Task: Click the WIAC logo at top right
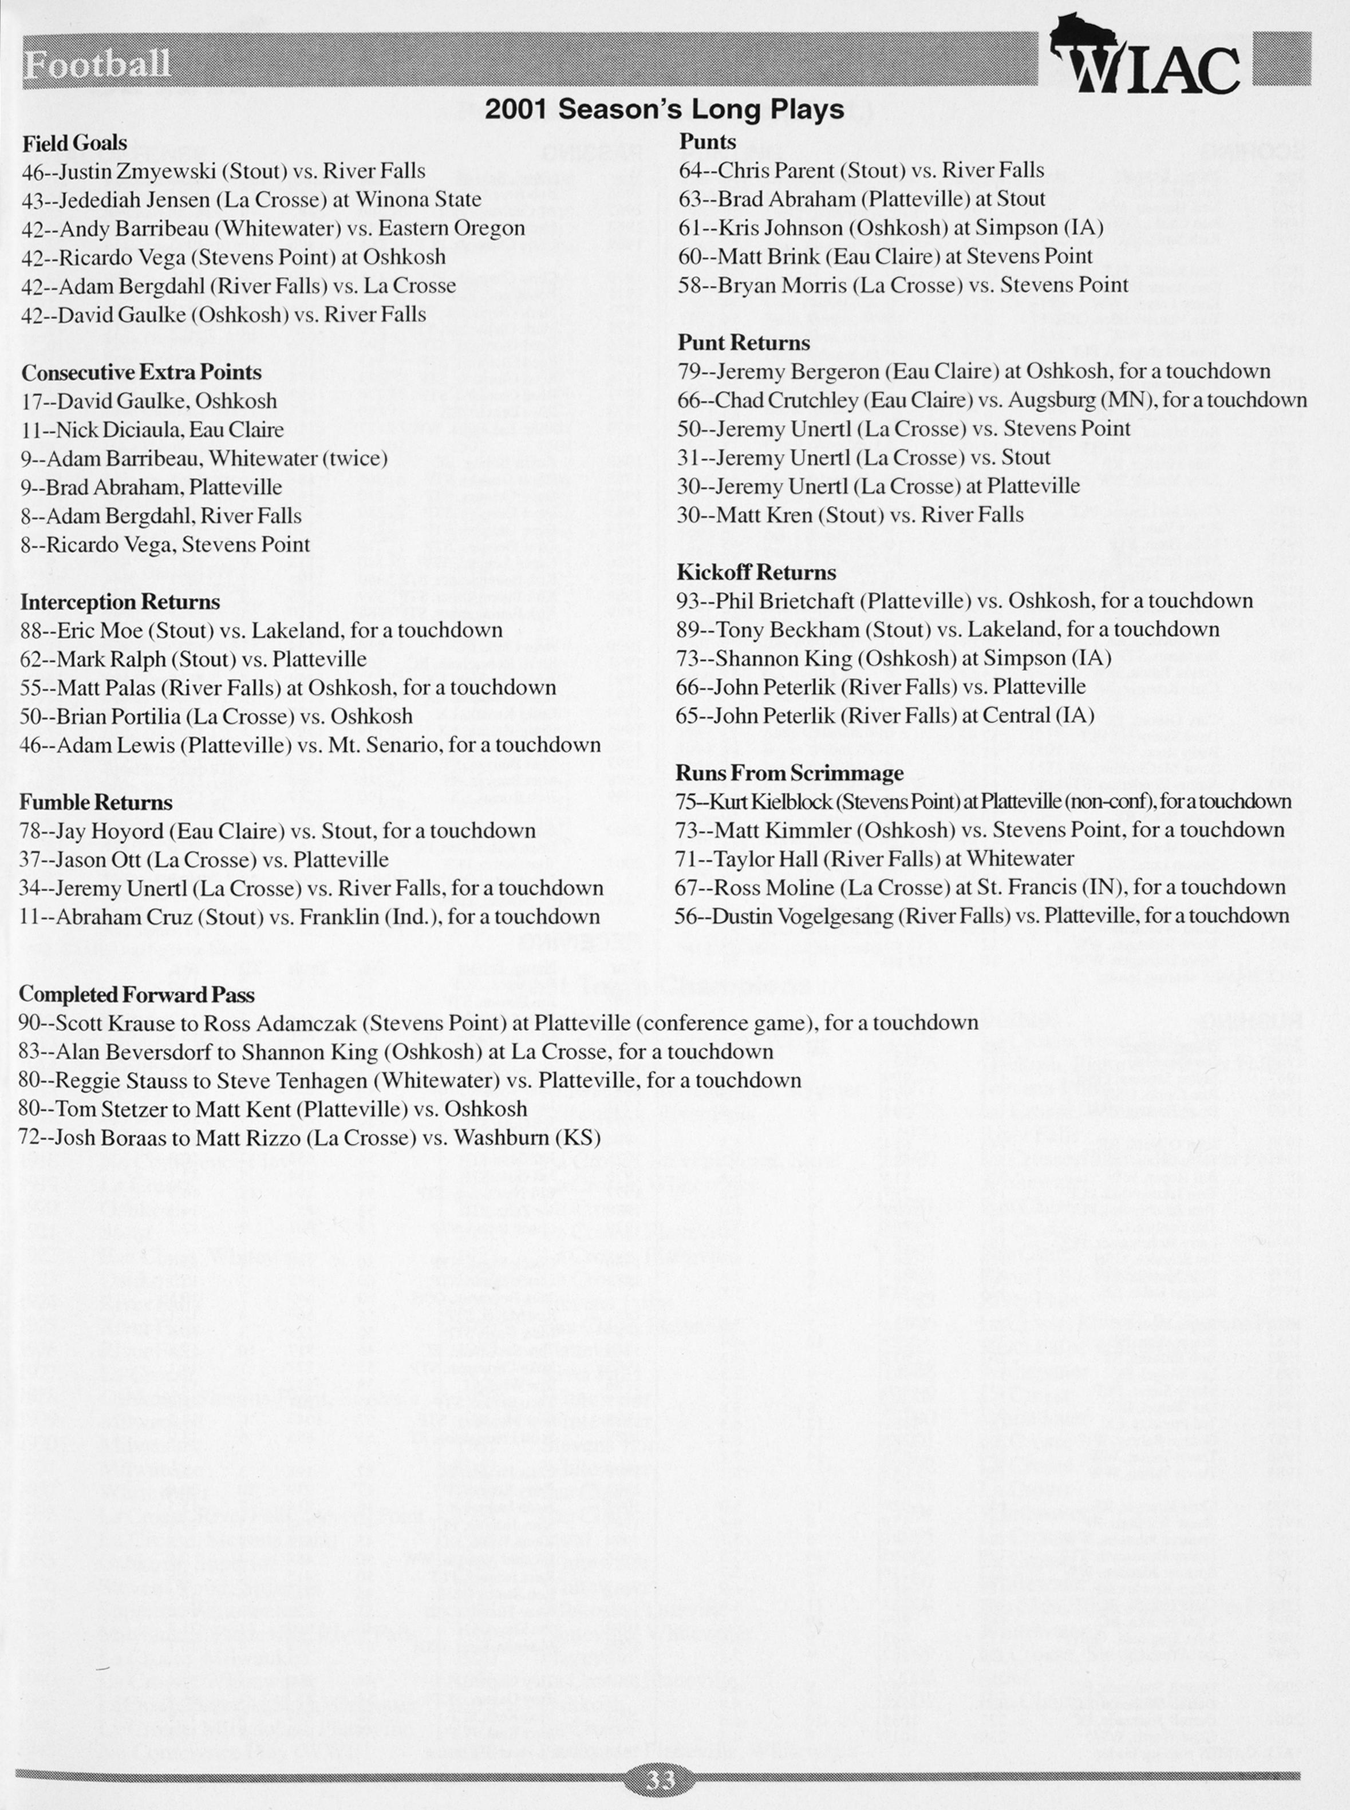(x=1144, y=57)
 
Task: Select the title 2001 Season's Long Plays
(x=664, y=109)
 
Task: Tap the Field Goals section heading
(x=74, y=143)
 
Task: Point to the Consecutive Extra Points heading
(x=141, y=373)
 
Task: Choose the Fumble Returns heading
(x=96, y=803)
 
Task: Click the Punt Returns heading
(x=744, y=343)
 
